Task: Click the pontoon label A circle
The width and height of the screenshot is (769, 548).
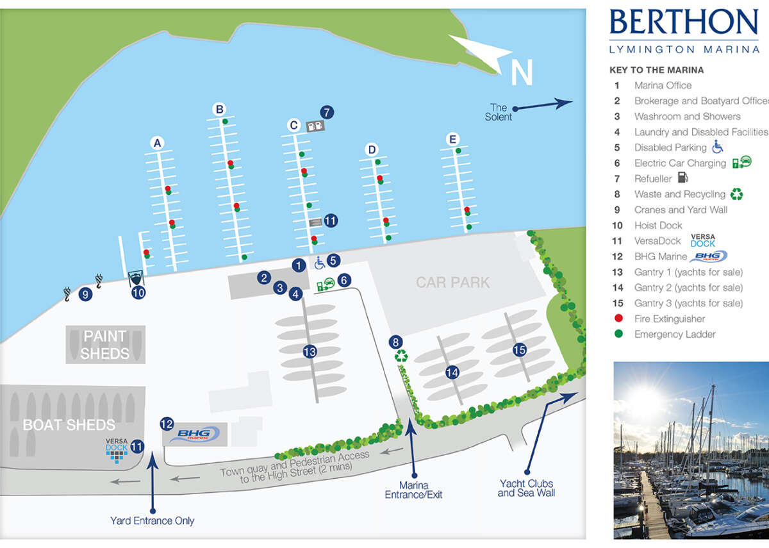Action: click(156, 144)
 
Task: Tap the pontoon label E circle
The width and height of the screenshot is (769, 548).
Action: click(453, 139)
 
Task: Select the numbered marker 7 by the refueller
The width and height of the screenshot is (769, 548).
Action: click(327, 112)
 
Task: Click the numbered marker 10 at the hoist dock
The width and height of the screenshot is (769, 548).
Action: click(138, 293)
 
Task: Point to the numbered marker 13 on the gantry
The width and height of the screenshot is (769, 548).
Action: click(310, 351)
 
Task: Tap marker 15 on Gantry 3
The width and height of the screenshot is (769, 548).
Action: click(520, 349)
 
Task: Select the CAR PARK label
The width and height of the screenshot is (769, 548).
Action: click(452, 282)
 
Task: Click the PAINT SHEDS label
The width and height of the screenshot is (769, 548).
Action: click(105, 345)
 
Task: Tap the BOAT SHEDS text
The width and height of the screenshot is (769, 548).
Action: click(69, 425)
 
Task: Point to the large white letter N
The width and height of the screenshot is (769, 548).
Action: click(522, 72)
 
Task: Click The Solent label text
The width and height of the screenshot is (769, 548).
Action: click(499, 112)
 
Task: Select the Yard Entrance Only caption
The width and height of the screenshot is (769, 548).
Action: click(152, 521)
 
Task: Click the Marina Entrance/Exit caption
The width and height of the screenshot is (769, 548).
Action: click(413, 490)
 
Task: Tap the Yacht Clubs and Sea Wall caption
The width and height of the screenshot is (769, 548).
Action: click(526, 488)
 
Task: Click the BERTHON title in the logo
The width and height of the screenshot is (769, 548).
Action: click(683, 24)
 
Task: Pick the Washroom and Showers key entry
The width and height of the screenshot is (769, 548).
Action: click(687, 117)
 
